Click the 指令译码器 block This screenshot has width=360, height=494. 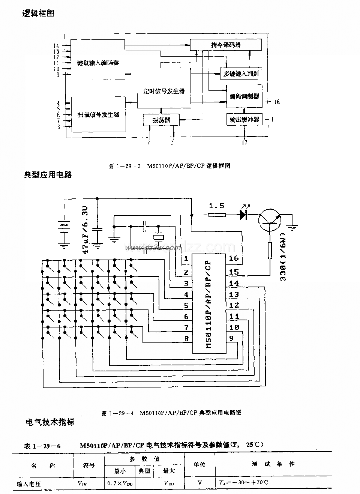pos(225,45)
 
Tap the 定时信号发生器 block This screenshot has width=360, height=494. pos(164,90)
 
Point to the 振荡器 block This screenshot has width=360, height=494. pos(161,120)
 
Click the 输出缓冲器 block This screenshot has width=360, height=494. pos(244,120)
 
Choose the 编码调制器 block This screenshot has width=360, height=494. pos(244,96)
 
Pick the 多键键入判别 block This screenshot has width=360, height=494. pos(241,74)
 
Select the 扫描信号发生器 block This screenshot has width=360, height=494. pos(98,114)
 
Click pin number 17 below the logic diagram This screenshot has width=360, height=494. pos(244,143)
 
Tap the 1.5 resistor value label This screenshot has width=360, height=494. pos(216,206)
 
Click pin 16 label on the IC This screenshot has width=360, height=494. pos(233,258)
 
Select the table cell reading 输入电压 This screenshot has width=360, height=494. pos(29,483)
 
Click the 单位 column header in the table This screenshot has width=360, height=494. pos(199,464)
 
